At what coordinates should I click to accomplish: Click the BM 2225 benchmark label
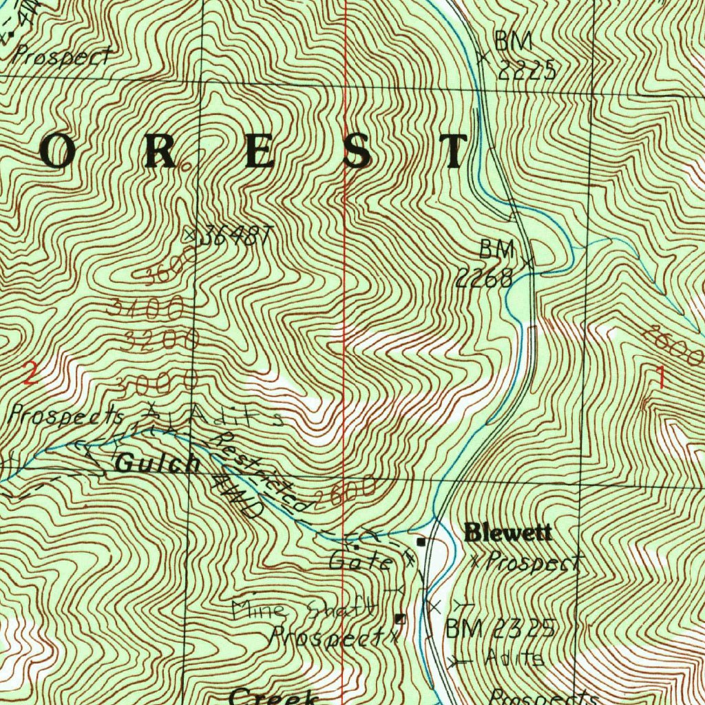point(524,56)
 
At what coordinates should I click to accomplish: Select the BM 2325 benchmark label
point(500,629)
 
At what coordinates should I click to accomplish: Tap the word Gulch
point(158,463)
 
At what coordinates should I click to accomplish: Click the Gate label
point(360,561)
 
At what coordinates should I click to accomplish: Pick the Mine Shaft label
point(304,609)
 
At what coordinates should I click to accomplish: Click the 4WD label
point(238,496)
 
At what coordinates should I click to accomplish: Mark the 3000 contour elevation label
point(157,379)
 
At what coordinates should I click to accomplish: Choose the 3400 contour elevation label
point(145,306)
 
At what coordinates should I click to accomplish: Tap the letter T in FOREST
point(452,151)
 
